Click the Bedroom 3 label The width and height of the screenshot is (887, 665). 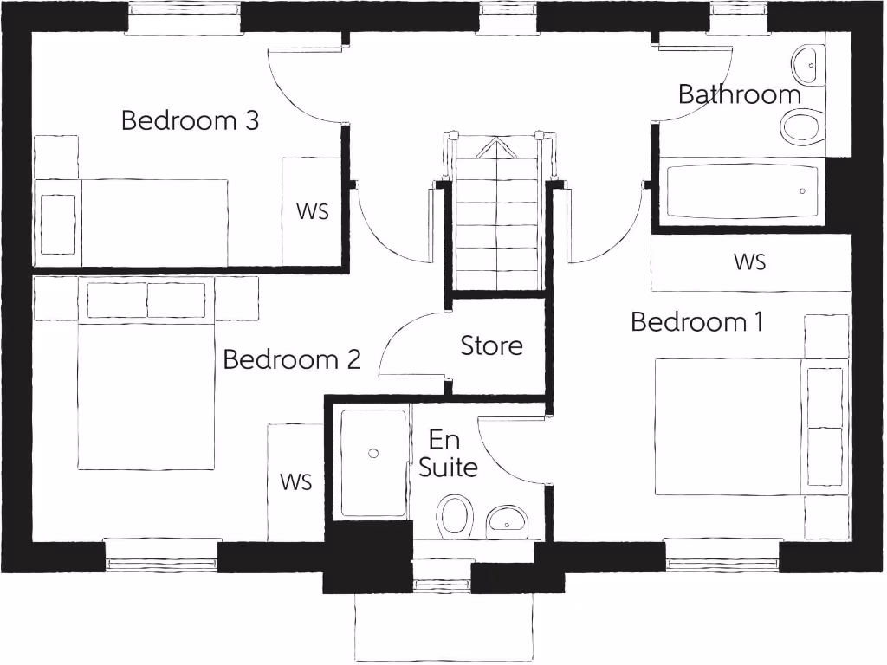pos(190,120)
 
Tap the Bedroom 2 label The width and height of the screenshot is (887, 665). pos(291,359)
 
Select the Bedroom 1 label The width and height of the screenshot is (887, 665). pos(696,322)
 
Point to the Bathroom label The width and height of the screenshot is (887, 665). pos(739,94)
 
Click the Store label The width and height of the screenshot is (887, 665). pos(491,345)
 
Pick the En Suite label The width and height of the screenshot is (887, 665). pos(447,454)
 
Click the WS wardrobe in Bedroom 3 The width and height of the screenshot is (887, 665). pos(312,211)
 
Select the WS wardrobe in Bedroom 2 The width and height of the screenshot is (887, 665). pos(295,481)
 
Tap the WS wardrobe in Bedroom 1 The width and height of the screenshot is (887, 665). pos(750,261)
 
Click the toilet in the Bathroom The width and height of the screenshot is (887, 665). pos(801,127)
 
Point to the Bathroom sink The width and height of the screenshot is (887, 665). pos(807,61)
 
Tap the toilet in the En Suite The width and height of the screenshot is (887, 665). pos(455,516)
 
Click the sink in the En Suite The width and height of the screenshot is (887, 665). pos(507,522)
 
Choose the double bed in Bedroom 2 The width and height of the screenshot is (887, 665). pos(146,381)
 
